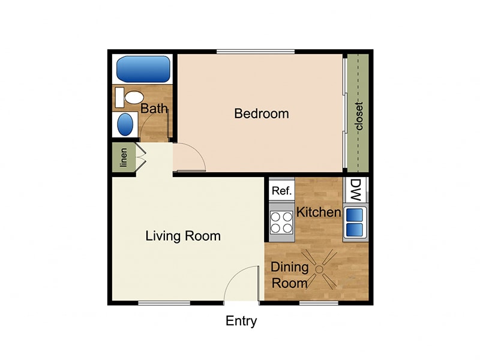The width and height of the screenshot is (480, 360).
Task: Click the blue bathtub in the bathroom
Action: click(x=143, y=70)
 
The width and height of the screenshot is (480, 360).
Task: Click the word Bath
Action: click(x=154, y=109)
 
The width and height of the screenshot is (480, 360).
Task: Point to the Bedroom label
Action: click(x=261, y=113)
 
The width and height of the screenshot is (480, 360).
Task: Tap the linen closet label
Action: click(x=123, y=157)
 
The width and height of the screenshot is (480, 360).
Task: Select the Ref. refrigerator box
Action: click(x=281, y=191)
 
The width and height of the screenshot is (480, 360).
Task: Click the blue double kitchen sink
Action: click(x=355, y=222)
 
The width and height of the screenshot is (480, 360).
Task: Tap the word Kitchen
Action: click(x=319, y=212)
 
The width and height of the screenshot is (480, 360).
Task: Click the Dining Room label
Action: click(x=289, y=275)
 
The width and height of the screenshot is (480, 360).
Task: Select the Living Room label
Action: click(x=183, y=236)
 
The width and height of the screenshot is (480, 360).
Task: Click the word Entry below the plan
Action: click(x=241, y=321)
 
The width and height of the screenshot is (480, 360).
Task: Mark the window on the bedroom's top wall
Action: click(x=256, y=52)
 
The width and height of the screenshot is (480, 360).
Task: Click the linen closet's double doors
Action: click(x=141, y=157)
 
